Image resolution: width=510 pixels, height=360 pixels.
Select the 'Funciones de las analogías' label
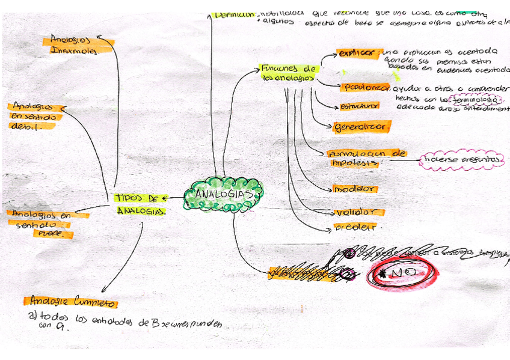tap(289, 73)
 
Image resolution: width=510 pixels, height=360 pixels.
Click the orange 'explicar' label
tap(359, 53)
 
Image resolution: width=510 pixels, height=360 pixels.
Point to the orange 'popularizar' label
tap(365, 87)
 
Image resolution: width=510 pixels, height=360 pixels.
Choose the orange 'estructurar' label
tap(360, 106)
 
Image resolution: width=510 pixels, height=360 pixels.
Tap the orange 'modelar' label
tap(355, 189)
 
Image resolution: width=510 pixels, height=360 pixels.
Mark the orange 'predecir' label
tap(355, 227)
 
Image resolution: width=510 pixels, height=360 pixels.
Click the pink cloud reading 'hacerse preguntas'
tap(462, 160)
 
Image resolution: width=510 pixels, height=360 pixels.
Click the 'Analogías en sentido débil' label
tap(35, 116)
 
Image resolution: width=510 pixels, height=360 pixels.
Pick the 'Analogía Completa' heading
tap(71, 301)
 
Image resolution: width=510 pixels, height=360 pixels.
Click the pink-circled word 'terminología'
tap(479, 99)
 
